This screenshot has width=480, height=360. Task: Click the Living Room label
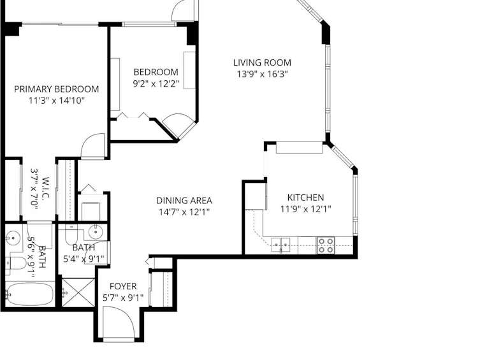click(x=262, y=62)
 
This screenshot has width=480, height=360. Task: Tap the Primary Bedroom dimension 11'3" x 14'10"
click(x=56, y=101)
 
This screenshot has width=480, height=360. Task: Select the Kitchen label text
click(x=305, y=198)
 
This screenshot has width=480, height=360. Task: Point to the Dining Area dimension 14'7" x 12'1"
click(x=184, y=212)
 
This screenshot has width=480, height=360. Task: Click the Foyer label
click(x=123, y=286)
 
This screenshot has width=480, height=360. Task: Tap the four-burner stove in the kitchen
click(x=325, y=245)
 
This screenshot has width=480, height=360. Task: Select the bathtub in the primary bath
click(x=30, y=294)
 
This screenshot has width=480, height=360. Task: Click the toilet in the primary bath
click(x=16, y=264)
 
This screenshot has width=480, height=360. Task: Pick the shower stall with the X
click(x=78, y=292)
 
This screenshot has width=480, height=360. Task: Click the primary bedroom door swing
click(x=93, y=146)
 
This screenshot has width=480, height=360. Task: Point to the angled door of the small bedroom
click(x=178, y=124)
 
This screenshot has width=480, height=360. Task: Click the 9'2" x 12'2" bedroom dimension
click(x=156, y=83)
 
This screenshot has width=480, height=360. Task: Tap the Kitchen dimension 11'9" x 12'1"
click(x=306, y=209)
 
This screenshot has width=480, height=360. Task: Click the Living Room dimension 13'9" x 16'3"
click(x=263, y=75)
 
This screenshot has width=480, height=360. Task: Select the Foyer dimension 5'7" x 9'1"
click(x=123, y=298)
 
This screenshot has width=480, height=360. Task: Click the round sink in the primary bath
click(x=13, y=238)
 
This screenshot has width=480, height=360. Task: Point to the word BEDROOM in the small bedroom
click(x=156, y=72)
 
